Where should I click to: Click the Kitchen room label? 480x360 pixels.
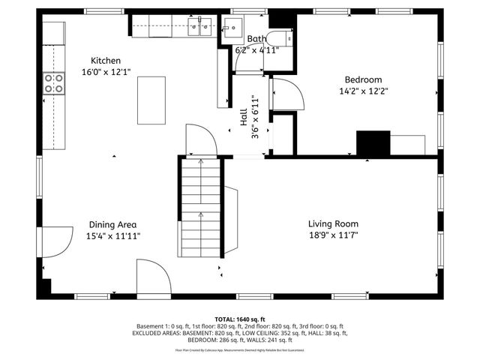pos(106,61)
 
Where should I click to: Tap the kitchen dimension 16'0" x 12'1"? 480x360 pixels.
pos(106,73)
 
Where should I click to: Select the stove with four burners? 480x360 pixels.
pos(53,82)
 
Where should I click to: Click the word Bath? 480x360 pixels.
pos(256,39)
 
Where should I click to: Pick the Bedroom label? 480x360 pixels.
pos(363,79)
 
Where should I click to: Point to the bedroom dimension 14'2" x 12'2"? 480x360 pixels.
pos(363,91)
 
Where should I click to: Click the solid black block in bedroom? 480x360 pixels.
pos(373,143)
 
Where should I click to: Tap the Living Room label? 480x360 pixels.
pos(333,223)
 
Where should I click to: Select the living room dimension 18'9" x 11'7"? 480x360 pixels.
pos(333,235)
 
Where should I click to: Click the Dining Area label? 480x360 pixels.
pos(112,223)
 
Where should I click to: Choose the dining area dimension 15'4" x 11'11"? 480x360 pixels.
pos(112,235)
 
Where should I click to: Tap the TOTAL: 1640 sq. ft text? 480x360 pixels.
pos(240,319)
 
